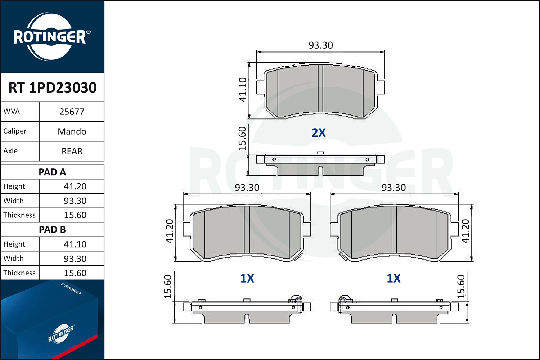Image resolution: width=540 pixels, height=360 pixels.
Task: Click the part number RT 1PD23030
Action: coord(53,87)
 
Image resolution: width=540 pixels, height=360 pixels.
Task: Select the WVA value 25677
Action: coord(72,112)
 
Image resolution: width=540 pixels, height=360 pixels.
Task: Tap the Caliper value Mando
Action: coord(72,131)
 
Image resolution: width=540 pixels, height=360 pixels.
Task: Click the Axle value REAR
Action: coord(72,151)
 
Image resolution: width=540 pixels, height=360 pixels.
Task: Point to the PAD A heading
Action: coord(52,172)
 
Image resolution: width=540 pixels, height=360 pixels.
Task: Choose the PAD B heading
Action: coord(52,230)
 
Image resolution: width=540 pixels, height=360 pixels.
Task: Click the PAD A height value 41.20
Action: coord(75,186)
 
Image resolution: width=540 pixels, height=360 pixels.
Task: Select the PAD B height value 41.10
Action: coord(75,244)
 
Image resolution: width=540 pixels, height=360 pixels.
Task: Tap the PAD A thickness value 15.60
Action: coord(75,215)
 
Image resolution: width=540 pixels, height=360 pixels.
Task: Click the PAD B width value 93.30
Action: coord(75,258)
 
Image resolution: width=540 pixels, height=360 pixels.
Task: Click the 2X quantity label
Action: coord(319,133)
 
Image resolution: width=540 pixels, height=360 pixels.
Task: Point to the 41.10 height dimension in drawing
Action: coord(243,90)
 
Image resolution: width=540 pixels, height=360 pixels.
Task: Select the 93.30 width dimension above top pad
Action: coord(320,45)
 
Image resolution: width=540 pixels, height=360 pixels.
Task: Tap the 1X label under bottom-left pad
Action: coord(247,278)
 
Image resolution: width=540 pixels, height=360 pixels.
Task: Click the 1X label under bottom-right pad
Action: coord(393,278)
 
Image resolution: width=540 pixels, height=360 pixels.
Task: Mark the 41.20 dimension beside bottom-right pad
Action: coord(465,231)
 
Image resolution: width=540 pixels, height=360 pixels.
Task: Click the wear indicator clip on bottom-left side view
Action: coord(296,300)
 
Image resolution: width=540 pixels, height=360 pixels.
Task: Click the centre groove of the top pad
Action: coord(320,88)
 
